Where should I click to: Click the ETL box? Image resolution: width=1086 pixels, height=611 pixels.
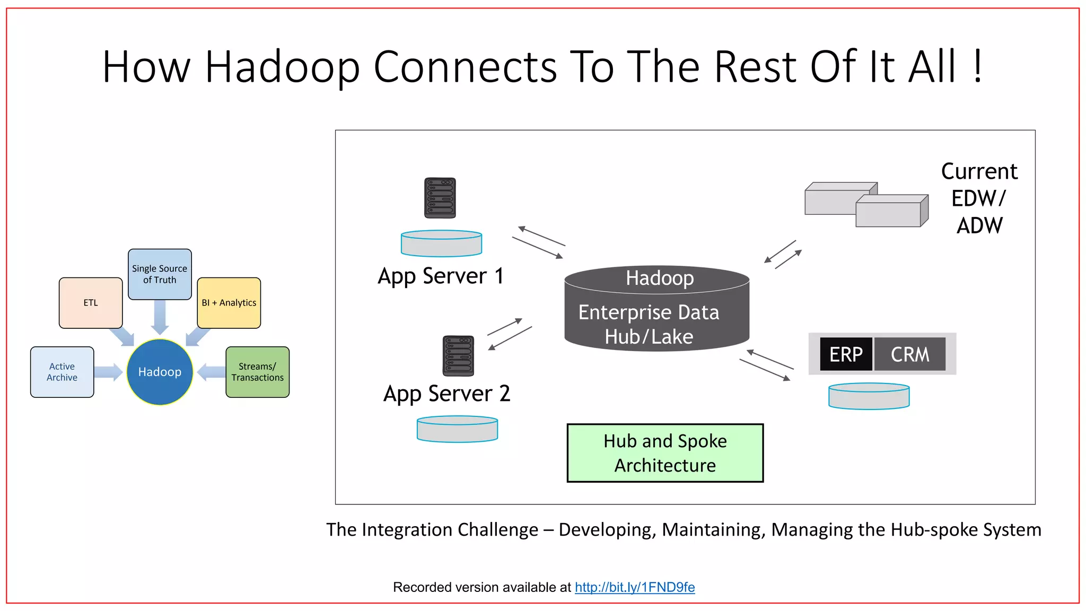click(x=91, y=303)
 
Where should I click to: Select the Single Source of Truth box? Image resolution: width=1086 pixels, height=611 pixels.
click(x=160, y=274)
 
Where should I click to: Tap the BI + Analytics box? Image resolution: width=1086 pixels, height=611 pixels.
click(x=229, y=303)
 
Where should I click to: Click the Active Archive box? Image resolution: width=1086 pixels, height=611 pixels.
click(x=62, y=372)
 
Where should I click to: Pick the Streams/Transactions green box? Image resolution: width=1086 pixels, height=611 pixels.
click(x=257, y=372)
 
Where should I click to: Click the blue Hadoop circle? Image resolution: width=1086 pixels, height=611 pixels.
click(x=160, y=372)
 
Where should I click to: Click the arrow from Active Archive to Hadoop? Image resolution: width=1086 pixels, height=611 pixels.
click(x=109, y=372)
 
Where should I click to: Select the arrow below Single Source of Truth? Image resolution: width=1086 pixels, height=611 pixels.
click(x=160, y=317)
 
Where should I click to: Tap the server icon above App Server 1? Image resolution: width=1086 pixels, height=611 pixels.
click(x=440, y=198)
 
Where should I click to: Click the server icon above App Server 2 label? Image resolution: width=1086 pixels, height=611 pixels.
click(x=458, y=356)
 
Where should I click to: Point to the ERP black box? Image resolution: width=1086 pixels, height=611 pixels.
click(x=846, y=354)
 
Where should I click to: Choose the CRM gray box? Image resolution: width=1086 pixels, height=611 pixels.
click(x=910, y=354)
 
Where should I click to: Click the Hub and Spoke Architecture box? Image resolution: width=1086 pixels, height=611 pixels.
click(x=665, y=453)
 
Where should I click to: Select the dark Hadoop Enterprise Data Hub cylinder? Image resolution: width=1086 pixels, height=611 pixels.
click(x=656, y=313)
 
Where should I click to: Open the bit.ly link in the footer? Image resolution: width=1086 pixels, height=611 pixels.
click(x=635, y=587)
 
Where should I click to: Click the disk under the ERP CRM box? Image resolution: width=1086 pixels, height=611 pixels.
click(x=869, y=396)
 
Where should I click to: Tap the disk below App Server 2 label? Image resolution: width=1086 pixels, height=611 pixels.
click(x=457, y=429)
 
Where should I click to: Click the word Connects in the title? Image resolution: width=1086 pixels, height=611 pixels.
click(x=465, y=67)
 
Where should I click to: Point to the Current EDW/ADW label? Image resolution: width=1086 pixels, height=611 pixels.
click(x=979, y=198)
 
